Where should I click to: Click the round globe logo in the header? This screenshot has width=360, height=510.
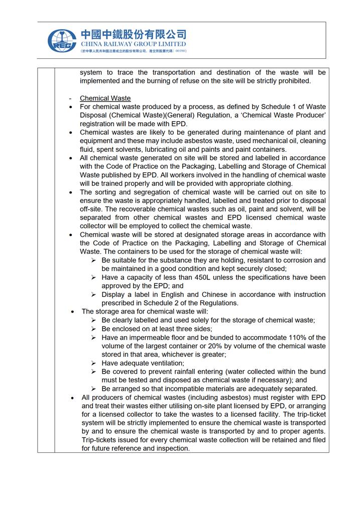coord(62,40)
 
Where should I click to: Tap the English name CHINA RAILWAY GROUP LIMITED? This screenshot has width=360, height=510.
coord(133,44)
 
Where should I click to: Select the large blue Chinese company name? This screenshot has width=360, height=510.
coord(133,34)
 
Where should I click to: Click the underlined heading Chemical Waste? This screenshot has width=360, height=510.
coord(105,98)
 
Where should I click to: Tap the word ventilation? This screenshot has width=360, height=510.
coord(165,363)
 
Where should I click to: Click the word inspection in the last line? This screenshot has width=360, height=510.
coord(173,449)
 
